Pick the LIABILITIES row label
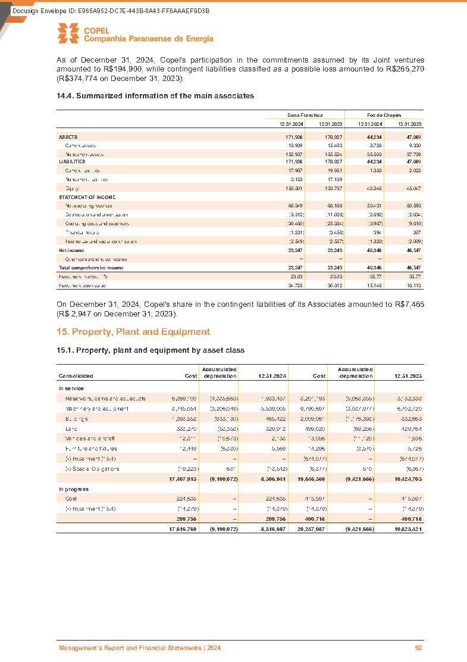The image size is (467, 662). pyautogui.click(x=72, y=161)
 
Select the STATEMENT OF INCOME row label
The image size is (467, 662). pyautogui.click(x=87, y=197)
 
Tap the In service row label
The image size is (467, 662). pyautogui.click(x=71, y=388)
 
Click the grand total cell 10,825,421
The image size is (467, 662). pyautogui.click(x=407, y=514)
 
